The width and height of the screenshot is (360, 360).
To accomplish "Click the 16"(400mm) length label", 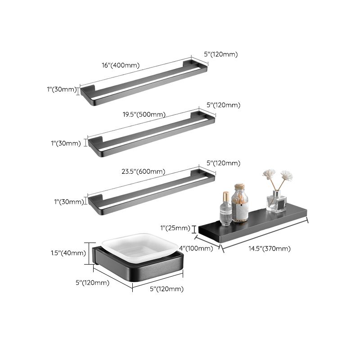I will [121, 65].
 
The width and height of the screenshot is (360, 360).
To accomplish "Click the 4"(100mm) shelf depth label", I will [196, 248].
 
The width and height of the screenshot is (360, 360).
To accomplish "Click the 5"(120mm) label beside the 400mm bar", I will [220, 54].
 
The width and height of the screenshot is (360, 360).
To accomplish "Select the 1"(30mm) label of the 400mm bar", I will [62, 90].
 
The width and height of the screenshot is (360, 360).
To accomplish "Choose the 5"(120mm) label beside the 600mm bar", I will [222, 163].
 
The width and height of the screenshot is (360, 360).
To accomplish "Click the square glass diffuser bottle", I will [276, 201].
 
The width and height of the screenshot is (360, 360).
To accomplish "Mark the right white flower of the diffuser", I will [287, 175].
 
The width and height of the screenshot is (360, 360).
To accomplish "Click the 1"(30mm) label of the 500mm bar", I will [66, 144].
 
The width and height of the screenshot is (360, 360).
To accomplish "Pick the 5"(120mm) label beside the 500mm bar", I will [224, 105].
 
